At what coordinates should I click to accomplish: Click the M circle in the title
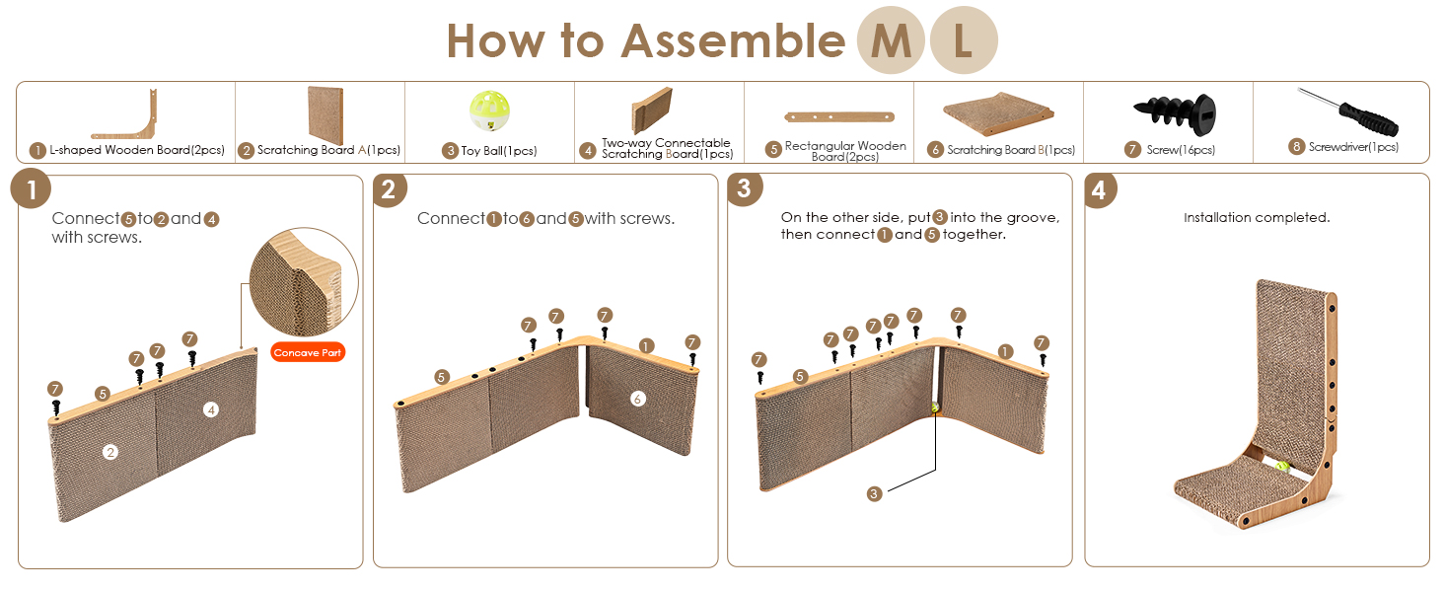click(x=891, y=40)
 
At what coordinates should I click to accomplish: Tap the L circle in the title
click(x=964, y=40)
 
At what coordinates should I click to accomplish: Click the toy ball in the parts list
click(x=489, y=111)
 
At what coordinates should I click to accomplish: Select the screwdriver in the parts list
click(x=1347, y=112)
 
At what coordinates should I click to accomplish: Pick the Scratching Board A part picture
click(x=325, y=114)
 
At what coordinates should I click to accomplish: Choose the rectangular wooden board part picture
click(x=839, y=116)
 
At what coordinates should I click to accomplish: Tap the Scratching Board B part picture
click(x=998, y=113)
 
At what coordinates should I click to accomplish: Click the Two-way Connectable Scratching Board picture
click(x=652, y=110)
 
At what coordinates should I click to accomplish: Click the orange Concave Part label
click(x=308, y=352)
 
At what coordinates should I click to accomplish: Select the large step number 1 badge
click(x=31, y=189)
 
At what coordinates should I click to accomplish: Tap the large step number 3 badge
click(x=745, y=188)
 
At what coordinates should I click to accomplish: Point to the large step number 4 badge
click(x=1100, y=190)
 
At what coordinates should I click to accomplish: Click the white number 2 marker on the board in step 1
click(x=110, y=452)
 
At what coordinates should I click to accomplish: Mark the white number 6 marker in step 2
click(x=637, y=399)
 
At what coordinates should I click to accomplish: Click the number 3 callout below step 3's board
click(x=874, y=494)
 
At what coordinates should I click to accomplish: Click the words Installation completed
click(x=1257, y=217)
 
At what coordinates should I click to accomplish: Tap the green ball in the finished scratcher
click(x=1281, y=466)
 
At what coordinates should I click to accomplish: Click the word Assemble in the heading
click(x=733, y=41)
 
